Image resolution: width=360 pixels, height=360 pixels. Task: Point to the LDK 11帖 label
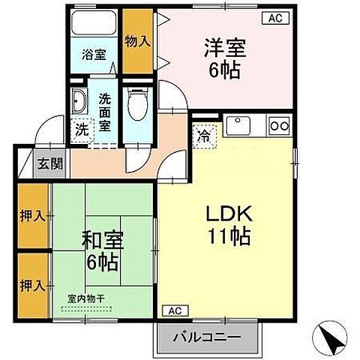click(x=227, y=226)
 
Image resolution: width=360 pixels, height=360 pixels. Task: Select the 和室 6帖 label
click(x=101, y=253)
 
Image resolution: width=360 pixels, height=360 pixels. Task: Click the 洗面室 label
click(x=106, y=111)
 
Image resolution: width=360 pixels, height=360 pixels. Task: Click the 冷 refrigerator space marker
click(x=203, y=136)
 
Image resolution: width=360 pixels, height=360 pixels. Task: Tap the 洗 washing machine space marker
click(x=80, y=129)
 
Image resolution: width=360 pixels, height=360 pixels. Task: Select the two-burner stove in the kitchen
click(x=279, y=125)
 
